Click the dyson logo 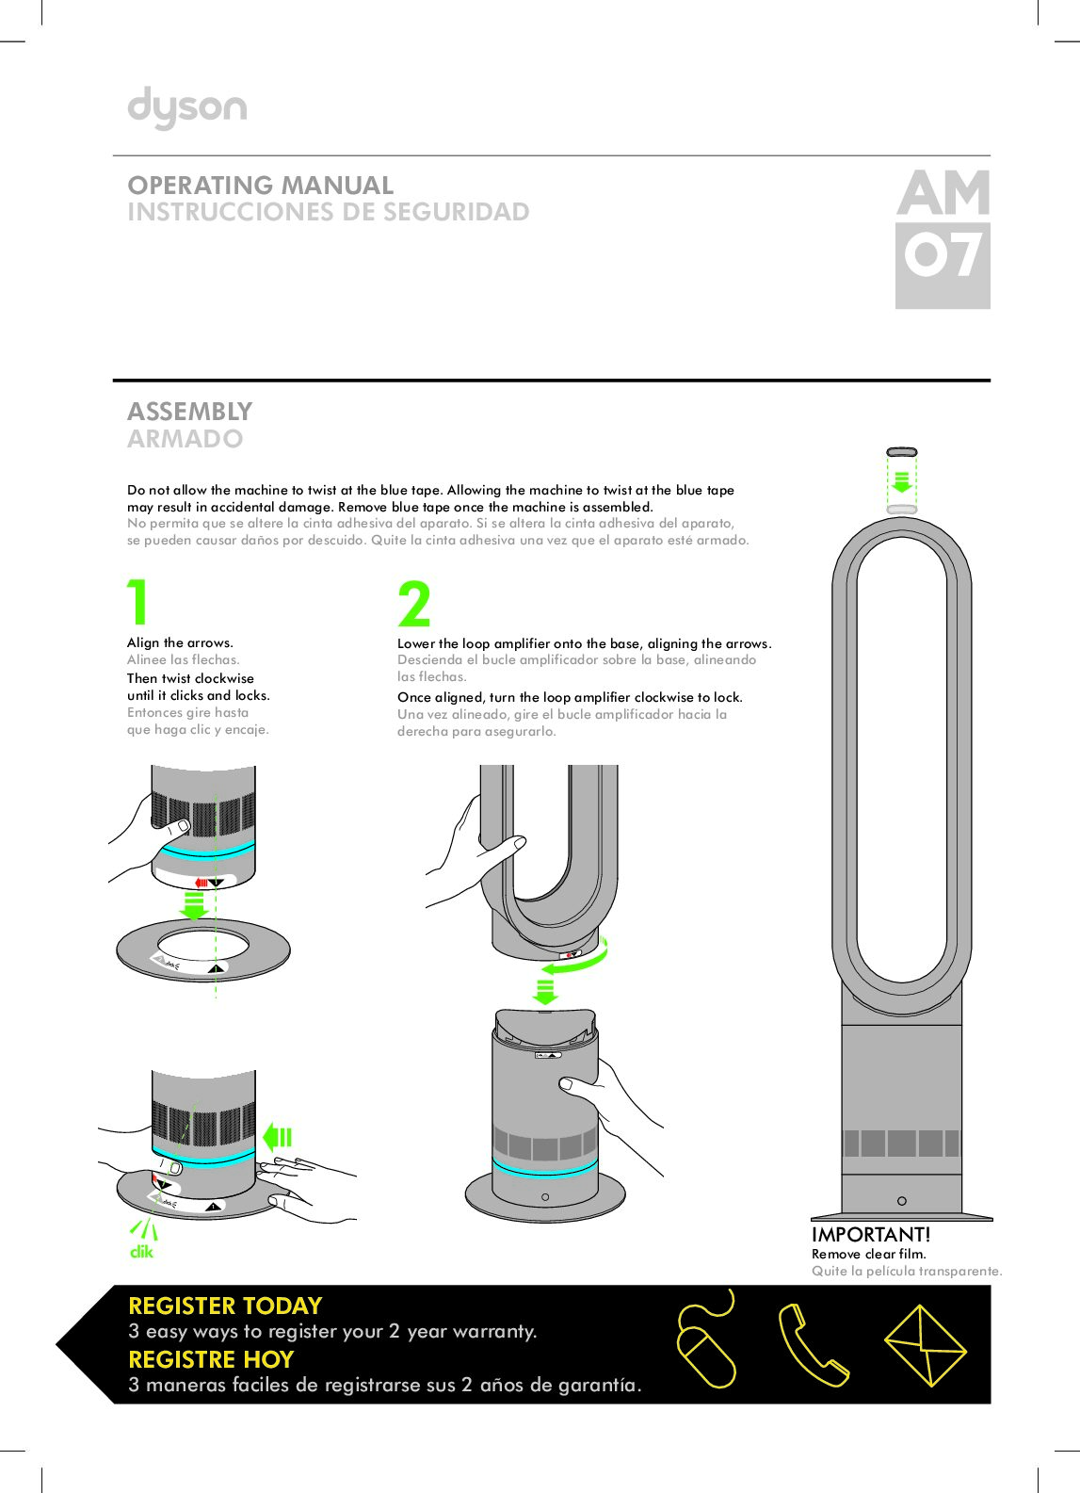pos(187,108)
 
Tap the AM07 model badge pos(943,238)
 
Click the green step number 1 pos(138,602)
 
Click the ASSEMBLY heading pos(190,412)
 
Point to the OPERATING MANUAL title pos(261,185)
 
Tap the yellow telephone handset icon pos(812,1345)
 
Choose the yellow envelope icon pos(925,1345)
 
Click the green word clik pos(141,1252)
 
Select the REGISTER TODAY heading pos(225,1306)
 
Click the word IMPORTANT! pos(871,1234)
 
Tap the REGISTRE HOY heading pos(211,1359)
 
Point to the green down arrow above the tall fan pos(902,481)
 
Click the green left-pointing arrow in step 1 pos(278,1137)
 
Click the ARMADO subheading pos(185,439)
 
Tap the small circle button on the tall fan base pos(902,1201)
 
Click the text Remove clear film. pos(868,1254)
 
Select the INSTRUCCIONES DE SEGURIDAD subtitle pos(329,212)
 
